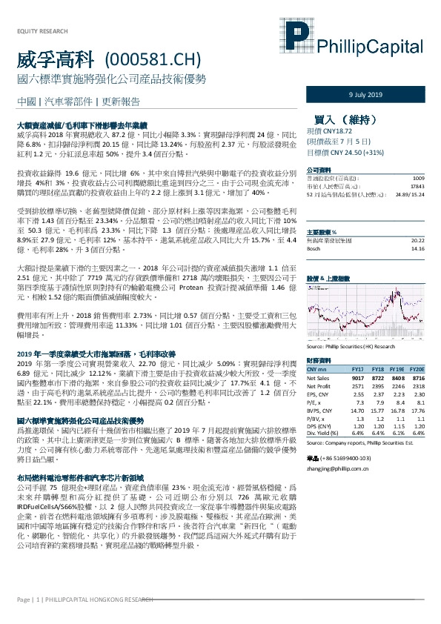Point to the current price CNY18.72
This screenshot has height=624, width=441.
click(x=332, y=130)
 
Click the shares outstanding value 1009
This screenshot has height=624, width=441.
click(x=418, y=179)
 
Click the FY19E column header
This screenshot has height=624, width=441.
click(x=397, y=368)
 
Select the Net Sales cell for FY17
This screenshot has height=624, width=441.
click(x=357, y=377)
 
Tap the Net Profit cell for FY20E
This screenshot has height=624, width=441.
click(x=417, y=385)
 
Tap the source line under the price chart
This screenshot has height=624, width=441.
click(x=349, y=346)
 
